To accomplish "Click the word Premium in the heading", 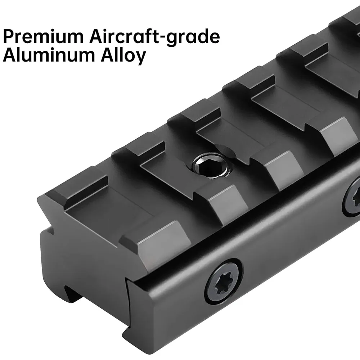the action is click(x=43, y=36).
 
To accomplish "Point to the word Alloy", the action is click(x=123, y=56).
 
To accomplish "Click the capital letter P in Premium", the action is click(x=9, y=36).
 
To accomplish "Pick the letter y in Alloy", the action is click(x=140, y=58).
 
